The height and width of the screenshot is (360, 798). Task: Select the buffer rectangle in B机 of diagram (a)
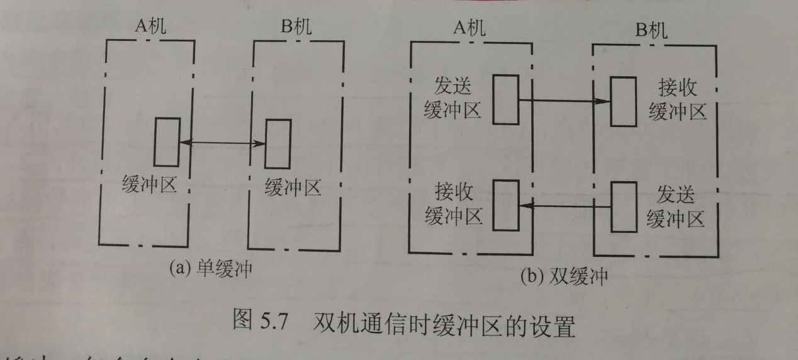click(278, 144)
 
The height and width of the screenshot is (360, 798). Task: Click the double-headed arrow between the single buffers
click(222, 144)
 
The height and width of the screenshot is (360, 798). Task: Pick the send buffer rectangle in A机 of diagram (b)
click(505, 99)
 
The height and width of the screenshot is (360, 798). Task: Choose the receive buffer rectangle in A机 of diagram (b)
click(506, 205)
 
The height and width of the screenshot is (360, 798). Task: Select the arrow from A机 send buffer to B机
click(564, 100)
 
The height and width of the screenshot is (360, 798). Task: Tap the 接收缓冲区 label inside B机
click(677, 100)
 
